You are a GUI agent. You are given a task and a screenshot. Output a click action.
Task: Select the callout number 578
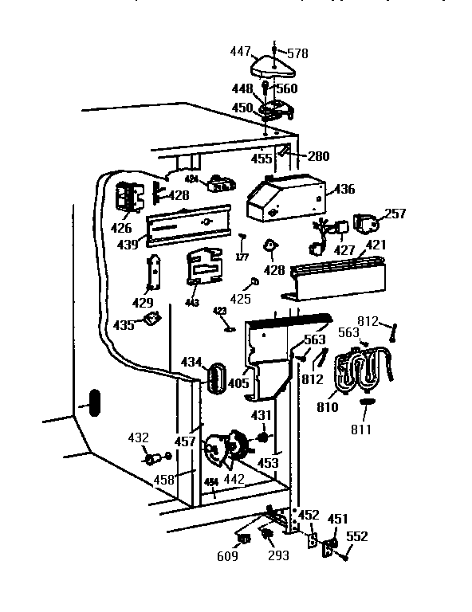point(297,53)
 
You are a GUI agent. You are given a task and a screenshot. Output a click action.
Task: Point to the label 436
point(344,190)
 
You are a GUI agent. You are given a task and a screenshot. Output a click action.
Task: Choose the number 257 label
point(395,214)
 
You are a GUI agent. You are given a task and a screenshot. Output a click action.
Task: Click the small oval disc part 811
point(367,402)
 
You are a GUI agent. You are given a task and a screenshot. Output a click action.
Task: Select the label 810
point(328,407)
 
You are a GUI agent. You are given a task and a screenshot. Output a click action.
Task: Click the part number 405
point(238,383)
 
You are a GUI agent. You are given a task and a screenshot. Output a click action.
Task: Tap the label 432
point(139,437)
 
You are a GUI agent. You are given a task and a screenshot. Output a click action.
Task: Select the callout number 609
point(227,556)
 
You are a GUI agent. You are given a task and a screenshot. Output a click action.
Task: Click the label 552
point(357,537)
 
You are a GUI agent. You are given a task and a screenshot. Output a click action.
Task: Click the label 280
point(317,156)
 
